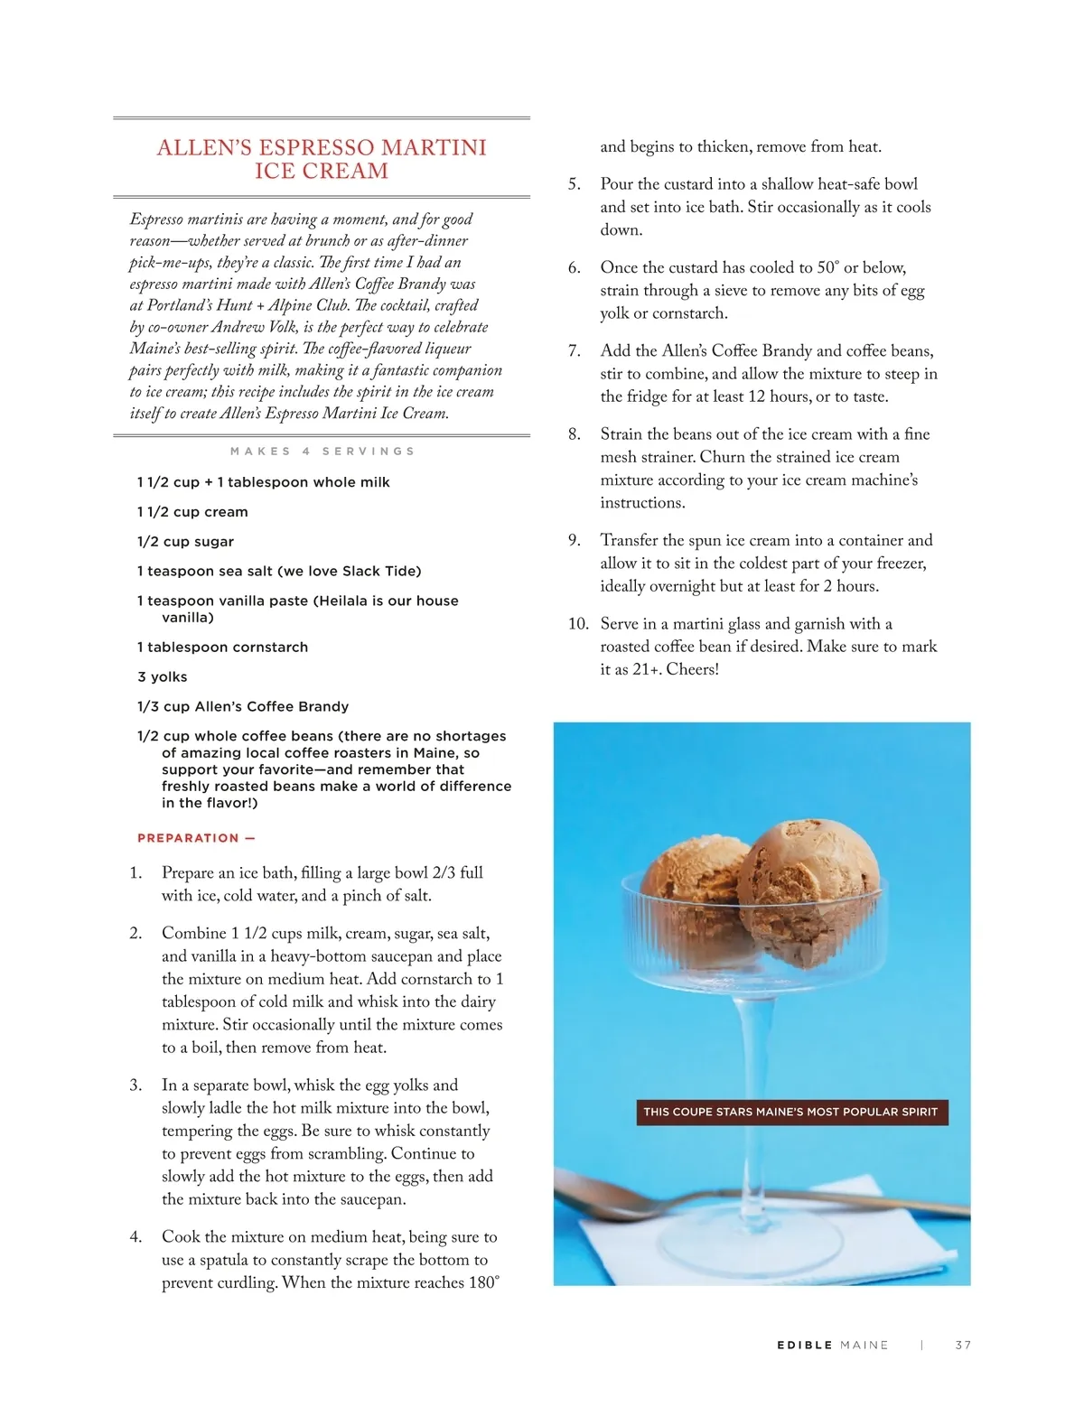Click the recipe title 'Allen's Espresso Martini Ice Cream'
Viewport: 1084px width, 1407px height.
tap(322, 159)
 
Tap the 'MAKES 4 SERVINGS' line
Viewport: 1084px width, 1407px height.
tap(322, 452)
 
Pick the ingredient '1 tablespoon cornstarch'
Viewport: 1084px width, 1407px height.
tap(222, 648)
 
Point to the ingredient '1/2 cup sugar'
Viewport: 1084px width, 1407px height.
tap(185, 542)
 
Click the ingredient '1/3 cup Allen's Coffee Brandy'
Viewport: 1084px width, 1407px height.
tap(242, 707)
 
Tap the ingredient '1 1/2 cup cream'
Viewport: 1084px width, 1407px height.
tap(192, 512)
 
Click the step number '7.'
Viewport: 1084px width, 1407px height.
tap(575, 351)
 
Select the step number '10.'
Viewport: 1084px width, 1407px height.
tap(578, 624)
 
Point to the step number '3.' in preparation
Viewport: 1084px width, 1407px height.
tap(135, 1086)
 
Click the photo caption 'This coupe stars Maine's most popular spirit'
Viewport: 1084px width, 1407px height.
tap(790, 1112)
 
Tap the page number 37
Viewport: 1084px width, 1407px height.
tap(963, 1346)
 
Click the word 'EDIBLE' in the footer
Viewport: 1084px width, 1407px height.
tap(805, 1346)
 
